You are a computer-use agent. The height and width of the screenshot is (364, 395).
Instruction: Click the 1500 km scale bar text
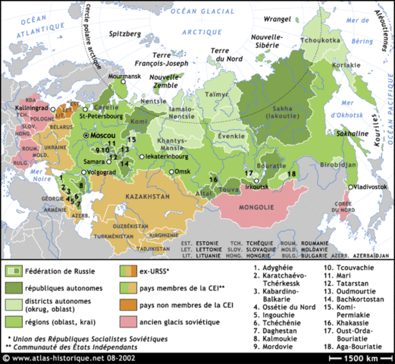pos(362,356)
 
